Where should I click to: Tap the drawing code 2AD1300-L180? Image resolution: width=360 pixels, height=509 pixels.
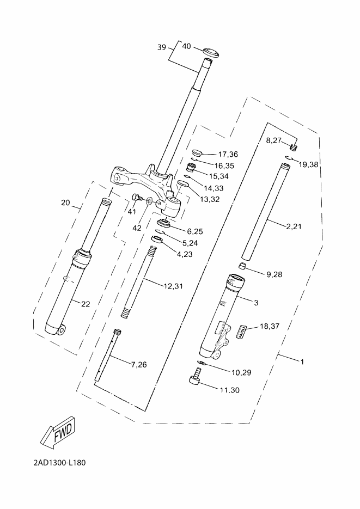pos(60,462)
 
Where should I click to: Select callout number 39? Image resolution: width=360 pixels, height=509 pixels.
pos(162,47)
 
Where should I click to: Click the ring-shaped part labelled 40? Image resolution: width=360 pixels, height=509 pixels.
pos(210,52)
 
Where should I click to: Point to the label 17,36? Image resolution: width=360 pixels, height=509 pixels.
pos(228,154)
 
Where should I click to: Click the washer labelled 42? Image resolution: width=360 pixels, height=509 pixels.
pos(149,201)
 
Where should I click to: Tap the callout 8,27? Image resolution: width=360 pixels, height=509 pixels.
pos(273,140)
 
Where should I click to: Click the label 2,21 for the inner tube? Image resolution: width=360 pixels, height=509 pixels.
pos(294,226)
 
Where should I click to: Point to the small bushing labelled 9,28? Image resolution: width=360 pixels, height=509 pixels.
pos(243,266)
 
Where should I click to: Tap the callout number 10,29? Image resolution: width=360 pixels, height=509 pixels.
pos(241,372)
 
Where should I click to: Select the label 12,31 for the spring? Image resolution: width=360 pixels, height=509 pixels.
pos(173,286)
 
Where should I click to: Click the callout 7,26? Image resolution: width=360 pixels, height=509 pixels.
pos(139,365)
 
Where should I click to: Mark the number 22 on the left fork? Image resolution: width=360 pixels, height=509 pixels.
pos(86,304)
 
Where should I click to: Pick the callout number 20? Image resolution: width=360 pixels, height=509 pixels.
pos(65,203)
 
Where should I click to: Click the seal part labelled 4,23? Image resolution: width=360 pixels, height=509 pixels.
pos(156,240)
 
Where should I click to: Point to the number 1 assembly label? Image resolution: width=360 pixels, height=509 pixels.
pos(302,361)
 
